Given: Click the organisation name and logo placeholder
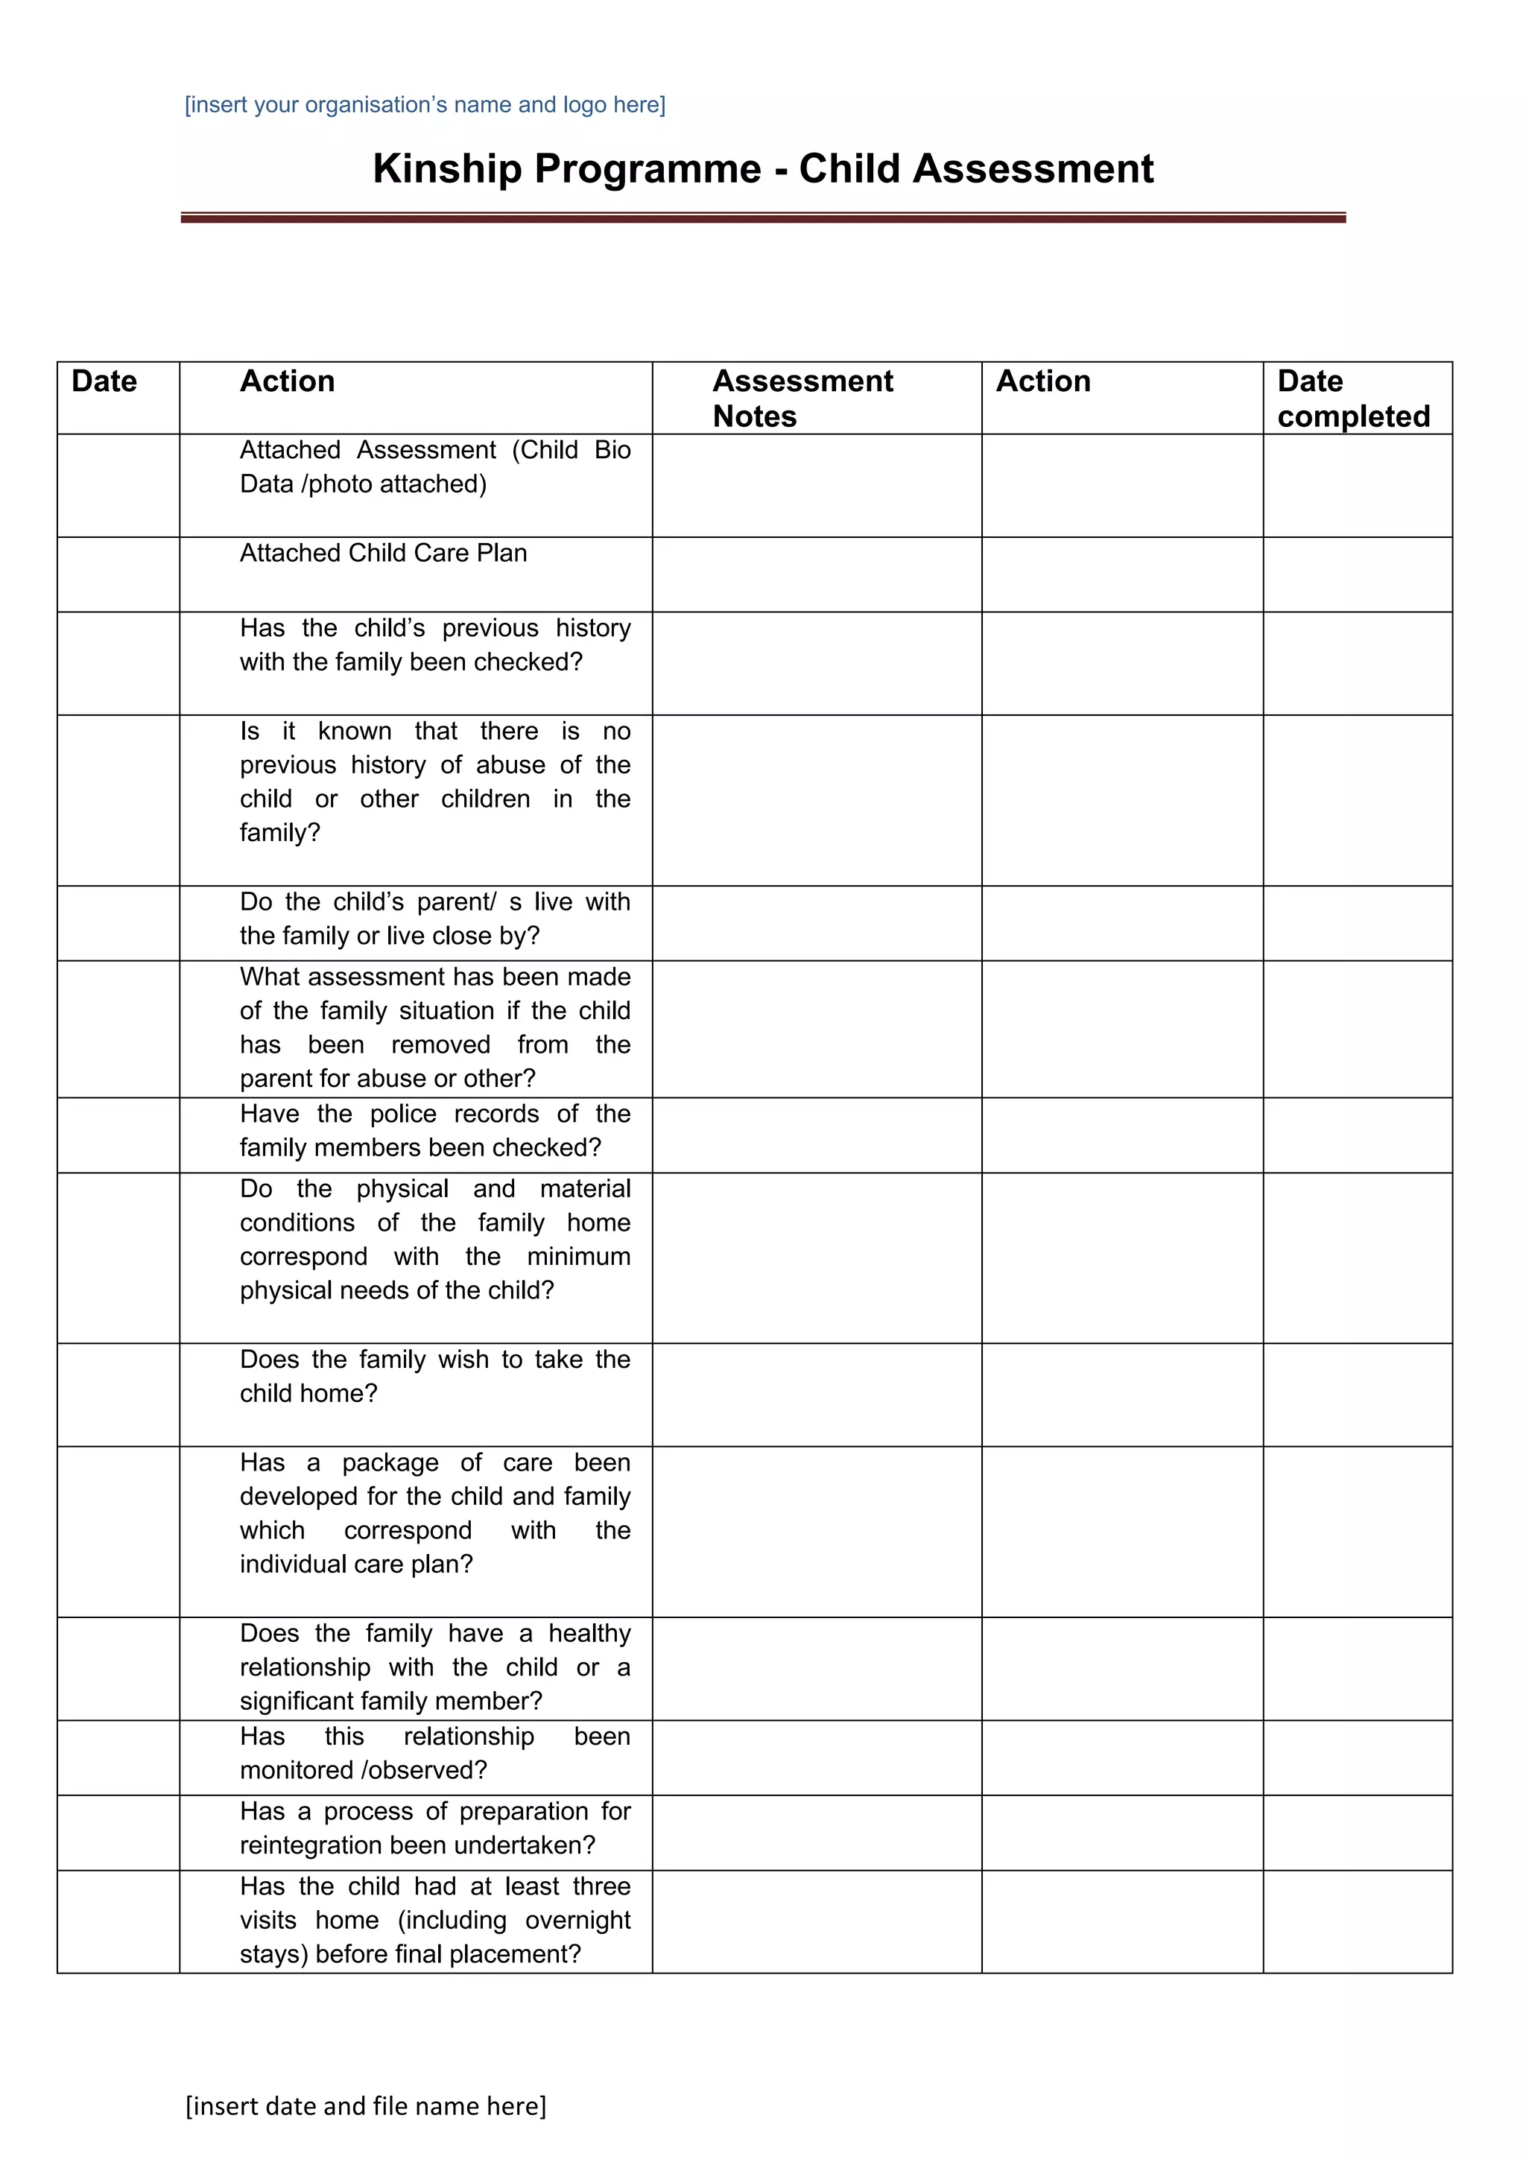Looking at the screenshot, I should pos(425,104).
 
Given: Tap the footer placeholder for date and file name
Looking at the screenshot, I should pos(366,2105).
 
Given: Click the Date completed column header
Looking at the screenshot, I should pos(1353,398).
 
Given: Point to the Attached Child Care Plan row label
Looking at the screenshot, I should pos(383,553).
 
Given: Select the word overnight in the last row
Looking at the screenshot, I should pos(577,1919).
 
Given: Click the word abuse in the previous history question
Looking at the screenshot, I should pos(510,764).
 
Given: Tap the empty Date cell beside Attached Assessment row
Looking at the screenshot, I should pos(118,485).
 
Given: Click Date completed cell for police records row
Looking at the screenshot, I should pos(1357,1134).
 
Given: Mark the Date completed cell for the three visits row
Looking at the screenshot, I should pos(1357,1921).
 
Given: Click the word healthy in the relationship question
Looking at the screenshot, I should pos(589,1632).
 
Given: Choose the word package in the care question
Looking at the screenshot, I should pos(390,1462).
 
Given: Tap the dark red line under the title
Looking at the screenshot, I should pos(762,218).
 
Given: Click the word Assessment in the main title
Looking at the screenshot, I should pos(1033,169).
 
